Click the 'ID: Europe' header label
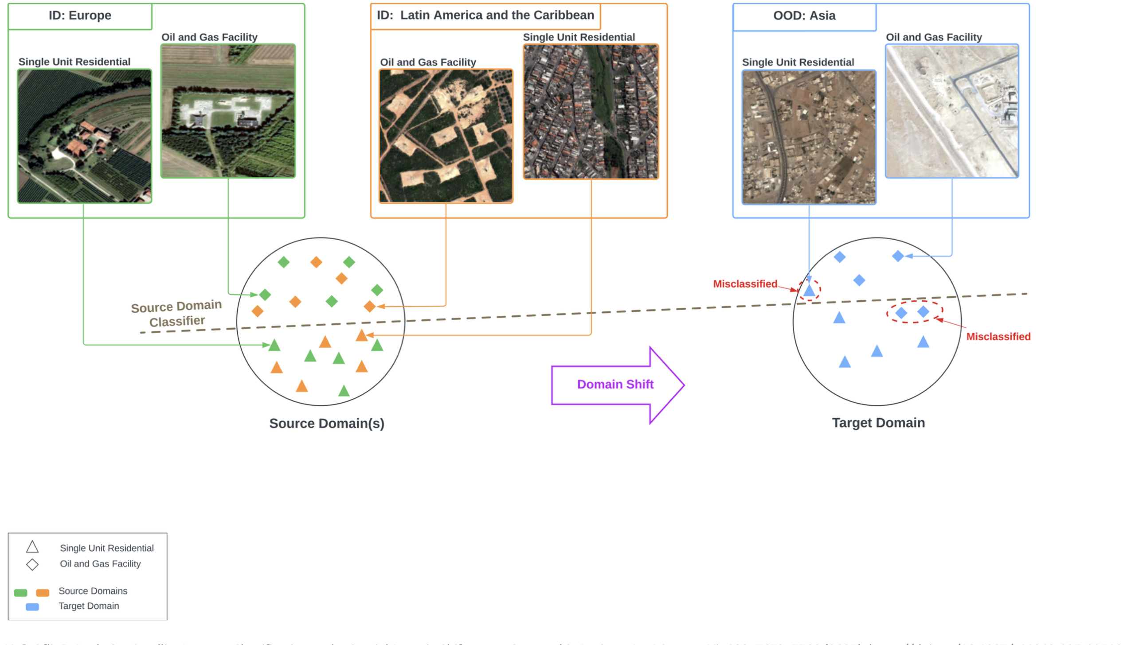[80, 16]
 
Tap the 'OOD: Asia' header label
[804, 16]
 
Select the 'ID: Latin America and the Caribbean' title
[485, 16]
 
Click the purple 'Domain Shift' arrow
[616, 385]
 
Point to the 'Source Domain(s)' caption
[327, 424]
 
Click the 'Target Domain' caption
[878, 423]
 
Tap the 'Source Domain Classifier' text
[176, 314]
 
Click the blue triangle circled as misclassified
[809, 291]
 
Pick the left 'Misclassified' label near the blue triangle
[745, 284]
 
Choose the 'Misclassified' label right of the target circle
[998, 337]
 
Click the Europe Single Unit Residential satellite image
[84, 136]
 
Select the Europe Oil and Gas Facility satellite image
[228, 111]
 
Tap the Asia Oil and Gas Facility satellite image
[951, 111]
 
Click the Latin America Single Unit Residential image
[591, 112]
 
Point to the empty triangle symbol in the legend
[32, 548]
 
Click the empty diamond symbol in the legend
[32, 564]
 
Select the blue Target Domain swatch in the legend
[32, 606]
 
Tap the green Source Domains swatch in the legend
[21, 592]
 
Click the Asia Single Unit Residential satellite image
[809, 137]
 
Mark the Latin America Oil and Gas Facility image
[446, 136]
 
